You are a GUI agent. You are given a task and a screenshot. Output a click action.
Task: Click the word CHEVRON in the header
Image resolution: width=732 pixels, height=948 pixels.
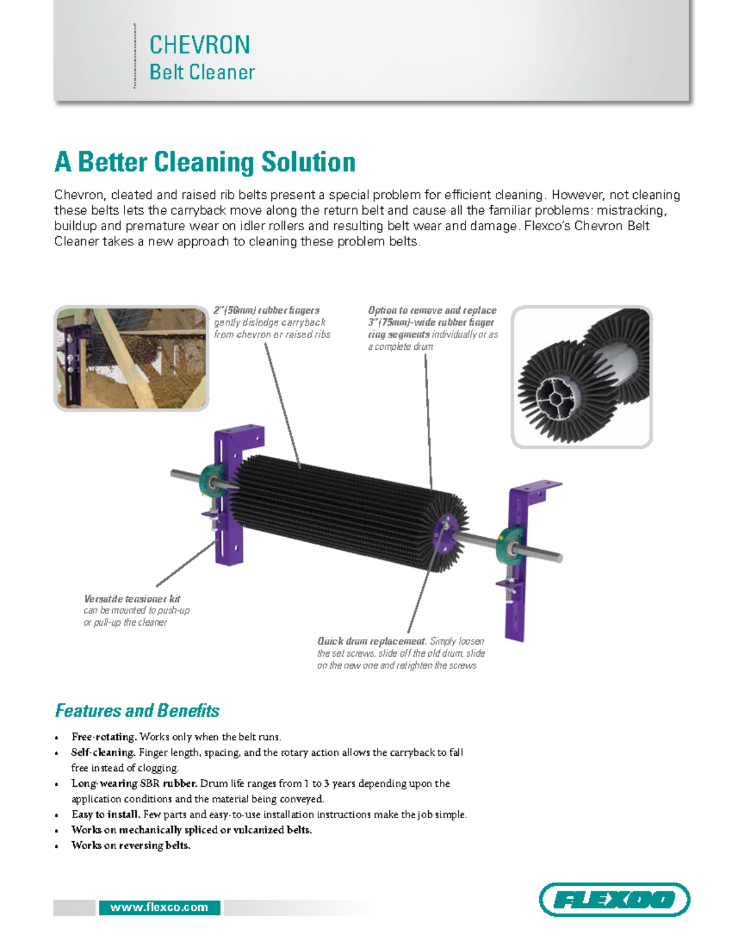(199, 45)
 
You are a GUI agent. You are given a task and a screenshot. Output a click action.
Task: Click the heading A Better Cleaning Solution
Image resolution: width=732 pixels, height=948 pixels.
(205, 162)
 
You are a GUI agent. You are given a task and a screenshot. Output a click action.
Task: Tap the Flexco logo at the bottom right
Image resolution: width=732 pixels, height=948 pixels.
(614, 899)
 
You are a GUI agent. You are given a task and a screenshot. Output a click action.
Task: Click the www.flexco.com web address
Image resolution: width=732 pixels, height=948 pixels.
(159, 907)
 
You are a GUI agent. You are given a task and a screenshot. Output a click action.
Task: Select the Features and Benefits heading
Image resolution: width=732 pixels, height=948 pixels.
(137, 711)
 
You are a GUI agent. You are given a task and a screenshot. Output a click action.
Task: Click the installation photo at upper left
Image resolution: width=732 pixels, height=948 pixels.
(132, 358)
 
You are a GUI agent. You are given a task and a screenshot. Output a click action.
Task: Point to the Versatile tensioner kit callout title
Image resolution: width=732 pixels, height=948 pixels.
(132, 599)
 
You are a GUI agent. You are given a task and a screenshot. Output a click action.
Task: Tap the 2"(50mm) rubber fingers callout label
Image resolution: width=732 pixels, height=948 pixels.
(267, 310)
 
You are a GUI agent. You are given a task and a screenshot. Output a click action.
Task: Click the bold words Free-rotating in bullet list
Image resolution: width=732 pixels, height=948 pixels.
(104, 737)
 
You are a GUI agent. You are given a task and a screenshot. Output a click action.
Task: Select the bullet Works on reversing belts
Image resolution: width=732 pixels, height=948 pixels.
(131, 845)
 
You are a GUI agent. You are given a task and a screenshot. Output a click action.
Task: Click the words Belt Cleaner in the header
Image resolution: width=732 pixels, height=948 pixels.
(202, 72)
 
